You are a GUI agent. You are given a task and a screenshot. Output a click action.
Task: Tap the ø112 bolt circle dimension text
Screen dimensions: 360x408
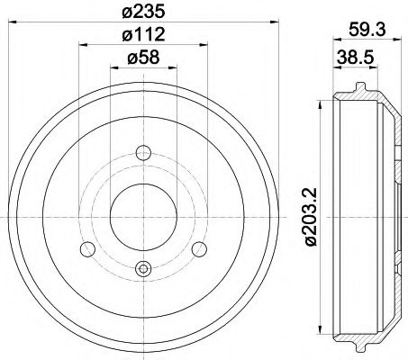(142, 36)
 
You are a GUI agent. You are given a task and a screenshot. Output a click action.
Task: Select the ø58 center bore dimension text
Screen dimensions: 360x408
(142, 60)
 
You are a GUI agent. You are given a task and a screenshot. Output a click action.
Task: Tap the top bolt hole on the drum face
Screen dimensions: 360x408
(142, 153)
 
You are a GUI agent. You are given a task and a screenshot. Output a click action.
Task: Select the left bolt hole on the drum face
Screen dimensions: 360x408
(87, 249)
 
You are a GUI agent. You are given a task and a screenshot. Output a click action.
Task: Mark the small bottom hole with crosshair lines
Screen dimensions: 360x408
(142, 267)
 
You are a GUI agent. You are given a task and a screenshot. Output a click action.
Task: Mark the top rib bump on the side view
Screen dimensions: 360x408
(360, 88)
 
